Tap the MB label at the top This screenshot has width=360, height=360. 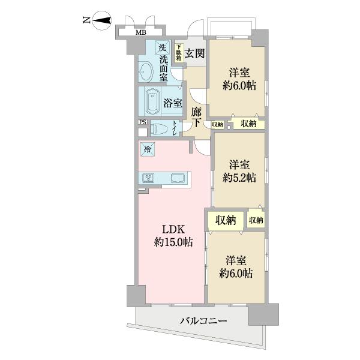(x=140, y=32)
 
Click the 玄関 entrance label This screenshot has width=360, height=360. (x=194, y=53)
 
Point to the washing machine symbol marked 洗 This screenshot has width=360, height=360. (x=161, y=47)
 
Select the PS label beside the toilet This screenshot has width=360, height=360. (x=142, y=122)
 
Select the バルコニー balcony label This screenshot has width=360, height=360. (x=204, y=322)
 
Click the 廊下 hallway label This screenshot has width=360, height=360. (x=196, y=116)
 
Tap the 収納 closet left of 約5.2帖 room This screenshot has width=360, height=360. (x=217, y=124)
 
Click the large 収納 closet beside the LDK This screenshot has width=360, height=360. (x=226, y=220)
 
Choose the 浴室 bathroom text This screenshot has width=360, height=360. (x=172, y=103)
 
